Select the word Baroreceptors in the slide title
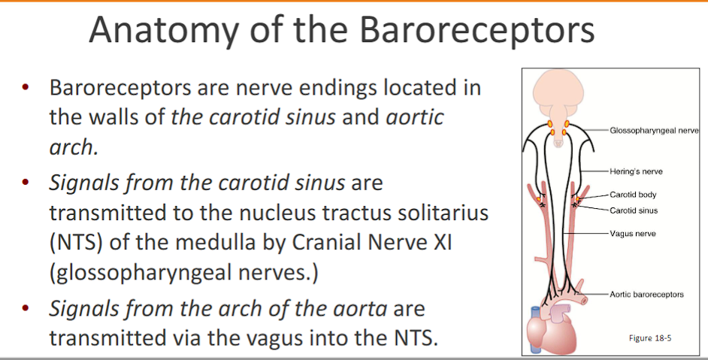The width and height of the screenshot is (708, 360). pyautogui.click(x=477, y=31)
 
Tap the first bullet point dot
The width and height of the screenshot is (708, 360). pyautogui.click(x=25, y=89)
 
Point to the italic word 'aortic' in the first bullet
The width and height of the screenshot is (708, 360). pyautogui.click(x=414, y=117)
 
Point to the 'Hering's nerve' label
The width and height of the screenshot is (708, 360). pyautogui.click(x=636, y=171)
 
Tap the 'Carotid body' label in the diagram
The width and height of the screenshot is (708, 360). pyautogui.click(x=633, y=195)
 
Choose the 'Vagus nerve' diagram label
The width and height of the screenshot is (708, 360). pyautogui.click(x=632, y=234)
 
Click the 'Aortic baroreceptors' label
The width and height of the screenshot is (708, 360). pyautogui.click(x=646, y=294)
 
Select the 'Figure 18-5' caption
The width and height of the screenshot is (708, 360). pyautogui.click(x=649, y=337)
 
